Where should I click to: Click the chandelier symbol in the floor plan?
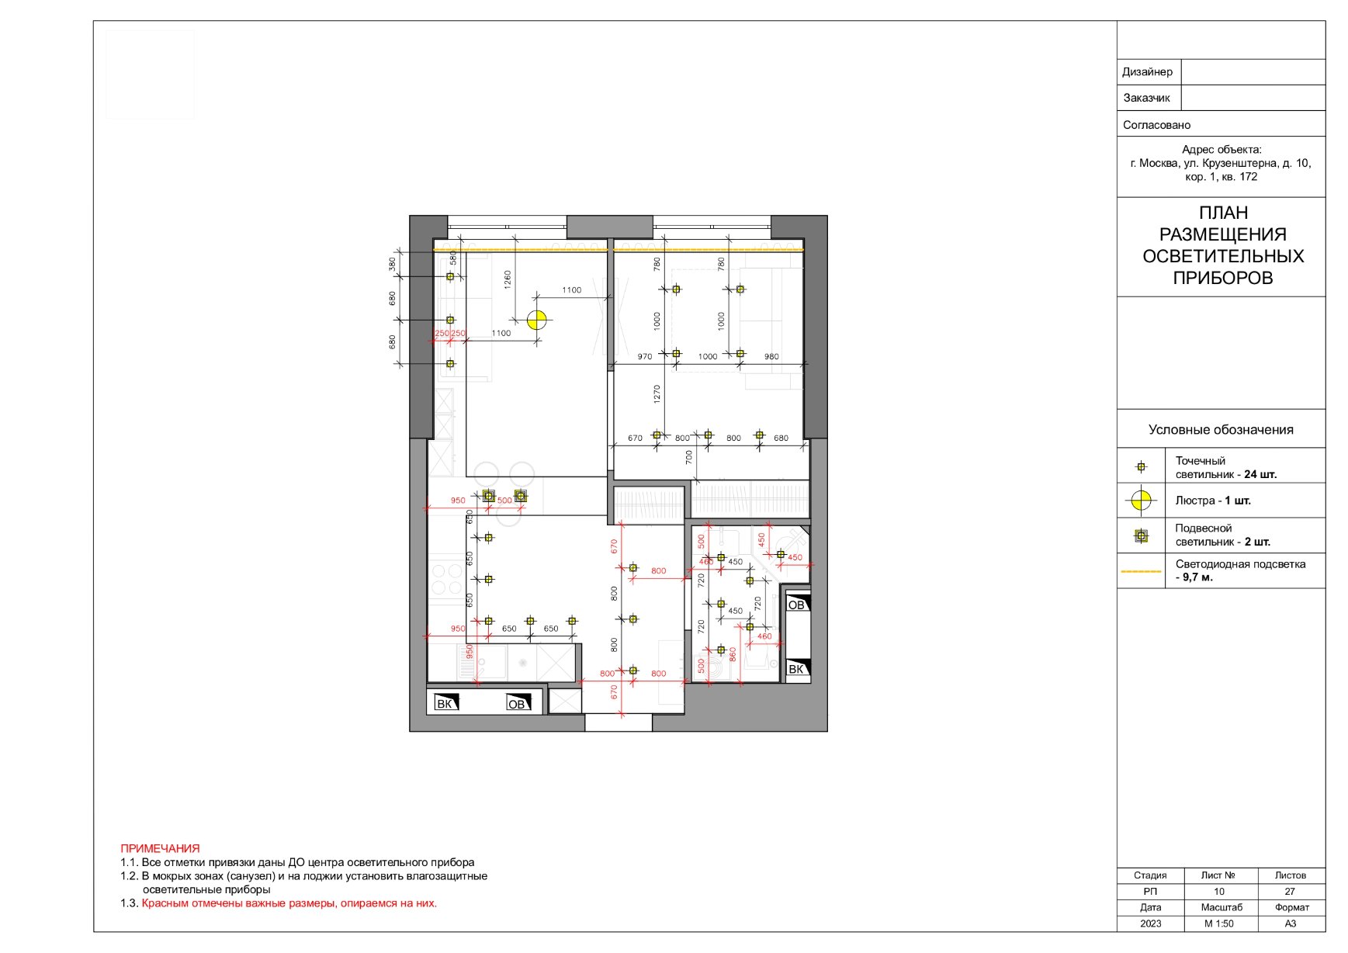[x=536, y=320]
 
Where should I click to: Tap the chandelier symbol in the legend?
[x=1140, y=501]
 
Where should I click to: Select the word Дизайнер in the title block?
[x=1147, y=72]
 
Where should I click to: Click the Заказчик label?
[x=1146, y=99]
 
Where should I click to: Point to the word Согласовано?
[x=1156, y=125]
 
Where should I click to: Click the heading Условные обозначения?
[x=1221, y=430]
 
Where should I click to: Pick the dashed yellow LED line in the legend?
[x=1141, y=571]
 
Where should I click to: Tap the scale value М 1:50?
[x=1218, y=924]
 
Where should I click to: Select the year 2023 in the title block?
[x=1150, y=924]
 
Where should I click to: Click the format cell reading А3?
[x=1290, y=924]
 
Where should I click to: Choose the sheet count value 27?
[x=1290, y=892]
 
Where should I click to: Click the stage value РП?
[x=1150, y=892]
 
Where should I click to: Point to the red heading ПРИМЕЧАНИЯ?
[x=160, y=849]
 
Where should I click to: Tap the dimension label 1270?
[x=657, y=393]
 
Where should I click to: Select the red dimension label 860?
[x=732, y=655]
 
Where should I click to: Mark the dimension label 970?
[x=645, y=357]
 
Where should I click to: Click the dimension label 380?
[x=393, y=265]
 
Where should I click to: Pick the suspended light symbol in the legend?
[x=1140, y=535]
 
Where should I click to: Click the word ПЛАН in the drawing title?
[x=1223, y=213]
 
